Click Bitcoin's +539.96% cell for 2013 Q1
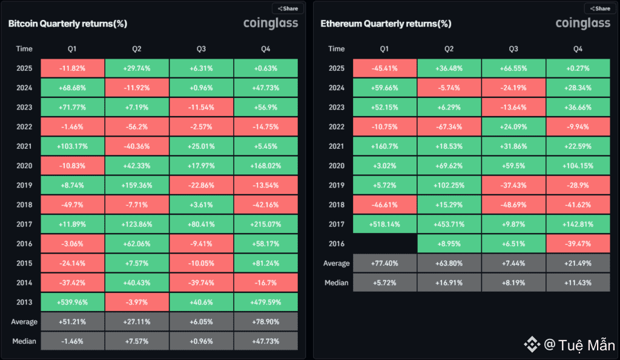[x=72, y=303]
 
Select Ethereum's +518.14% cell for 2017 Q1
[x=384, y=224]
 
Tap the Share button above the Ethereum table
[x=599, y=8]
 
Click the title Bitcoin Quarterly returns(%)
[x=67, y=24]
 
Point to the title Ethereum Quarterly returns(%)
[x=386, y=24]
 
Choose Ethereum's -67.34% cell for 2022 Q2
[x=449, y=126]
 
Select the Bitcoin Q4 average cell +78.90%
[x=265, y=322]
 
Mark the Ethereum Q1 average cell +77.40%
[x=384, y=263]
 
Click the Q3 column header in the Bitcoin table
[x=201, y=48]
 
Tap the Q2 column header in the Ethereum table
[x=449, y=48]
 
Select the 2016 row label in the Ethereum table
[x=337, y=244]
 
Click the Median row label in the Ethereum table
[x=337, y=283]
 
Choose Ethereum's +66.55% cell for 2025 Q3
[x=513, y=68]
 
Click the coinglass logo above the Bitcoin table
[x=270, y=24]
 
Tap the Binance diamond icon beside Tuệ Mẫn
[x=532, y=345]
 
